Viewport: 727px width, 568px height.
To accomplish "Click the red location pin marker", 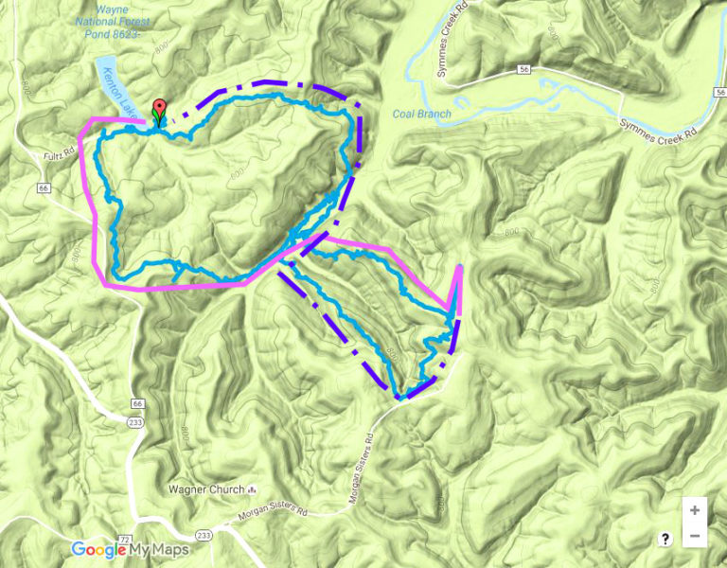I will pos(159,109).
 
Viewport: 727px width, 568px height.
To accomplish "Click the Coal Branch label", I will pos(421,115).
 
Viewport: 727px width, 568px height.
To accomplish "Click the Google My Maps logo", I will pos(130,550).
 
